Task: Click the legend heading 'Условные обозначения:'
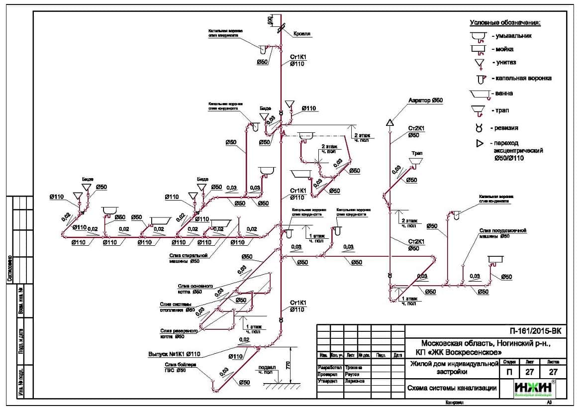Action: click(505, 23)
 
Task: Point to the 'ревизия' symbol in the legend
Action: click(479, 128)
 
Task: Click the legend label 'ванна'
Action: click(504, 94)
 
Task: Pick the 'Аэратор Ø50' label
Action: click(425, 101)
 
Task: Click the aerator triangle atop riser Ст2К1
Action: click(389, 122)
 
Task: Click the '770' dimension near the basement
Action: click(288, 365)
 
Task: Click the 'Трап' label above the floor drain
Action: click(416, 153)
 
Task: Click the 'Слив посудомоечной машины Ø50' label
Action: click(502, 233)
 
